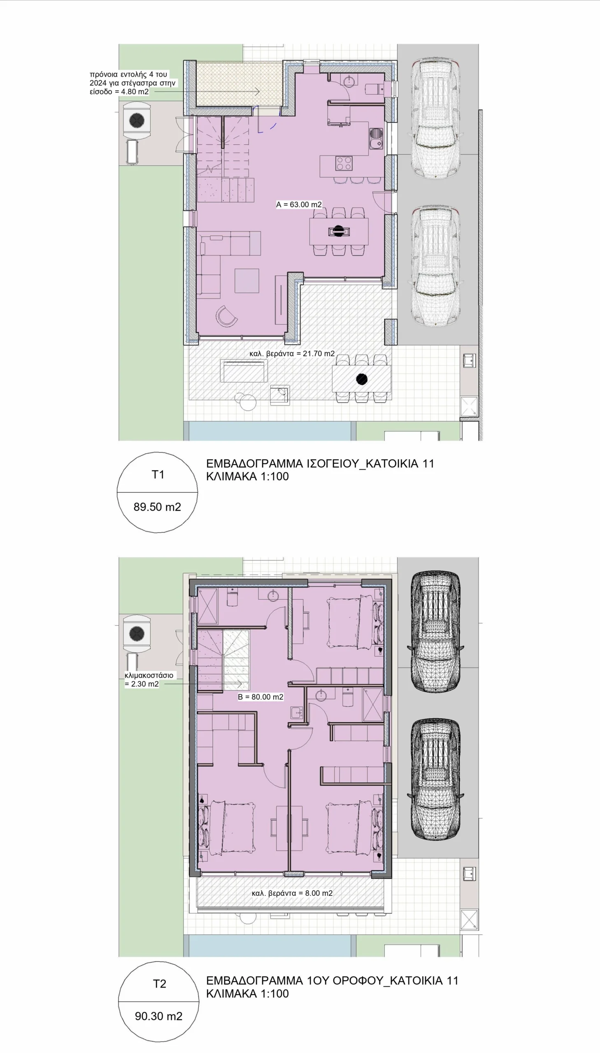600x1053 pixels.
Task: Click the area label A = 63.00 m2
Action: [299, 204]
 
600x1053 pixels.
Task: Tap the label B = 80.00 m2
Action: [260, 697]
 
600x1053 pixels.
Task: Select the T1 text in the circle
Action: [158, 474]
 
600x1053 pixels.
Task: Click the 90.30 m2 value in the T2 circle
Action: [159, 1016]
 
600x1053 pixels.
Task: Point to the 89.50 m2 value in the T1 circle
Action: [158, 506]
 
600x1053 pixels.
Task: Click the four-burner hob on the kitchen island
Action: [344, 162]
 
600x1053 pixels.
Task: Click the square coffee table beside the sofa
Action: [247, 281]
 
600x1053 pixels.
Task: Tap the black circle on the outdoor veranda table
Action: [362, 379]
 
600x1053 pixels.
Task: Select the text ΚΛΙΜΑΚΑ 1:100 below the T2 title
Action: [247, 993]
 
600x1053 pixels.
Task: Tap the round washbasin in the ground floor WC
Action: [349, 80]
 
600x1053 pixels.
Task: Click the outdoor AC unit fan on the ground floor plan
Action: [137, 120]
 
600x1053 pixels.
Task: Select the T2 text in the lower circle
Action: [160, 983]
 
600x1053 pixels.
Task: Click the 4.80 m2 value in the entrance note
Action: [134, 91]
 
